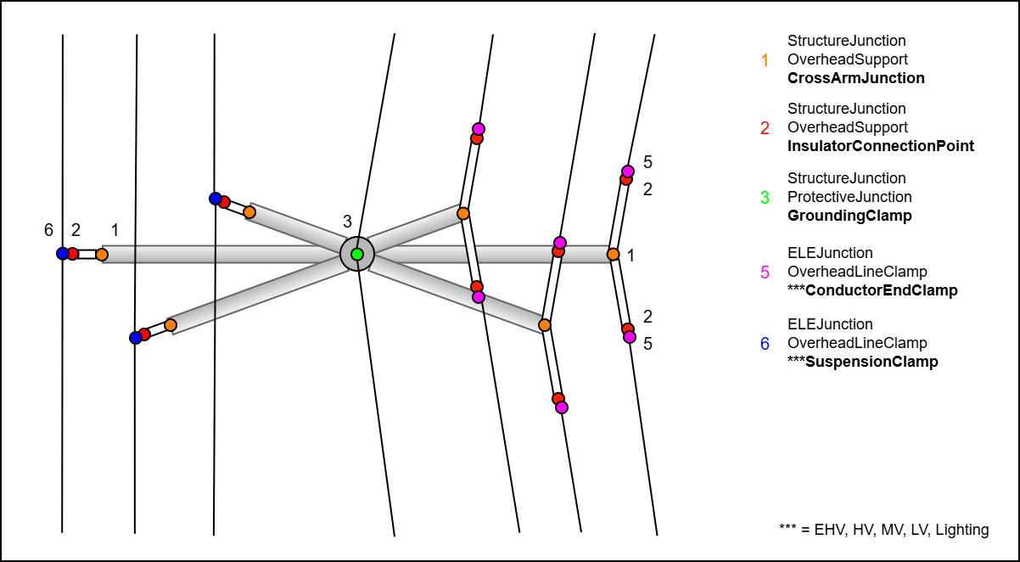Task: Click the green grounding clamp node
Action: point(357,254)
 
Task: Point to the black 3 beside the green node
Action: point(347,222)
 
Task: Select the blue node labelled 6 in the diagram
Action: point(62,253)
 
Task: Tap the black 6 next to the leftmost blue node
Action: point(48,230)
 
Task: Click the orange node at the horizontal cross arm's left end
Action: point(102,254)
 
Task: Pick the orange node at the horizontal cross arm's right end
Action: point(613,254)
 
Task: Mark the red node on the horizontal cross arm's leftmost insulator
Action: point(73,254)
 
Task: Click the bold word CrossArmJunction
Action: point(856,78)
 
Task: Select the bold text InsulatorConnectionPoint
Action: point(881,146)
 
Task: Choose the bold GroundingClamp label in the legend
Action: point(849,216)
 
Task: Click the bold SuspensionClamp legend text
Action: point(863,362)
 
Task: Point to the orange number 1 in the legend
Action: point(765,59)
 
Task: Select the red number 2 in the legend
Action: point(765,128)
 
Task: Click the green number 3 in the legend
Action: point(765,198)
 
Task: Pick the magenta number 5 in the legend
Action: point(765,273)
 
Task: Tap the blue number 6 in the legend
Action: point(765,344)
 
